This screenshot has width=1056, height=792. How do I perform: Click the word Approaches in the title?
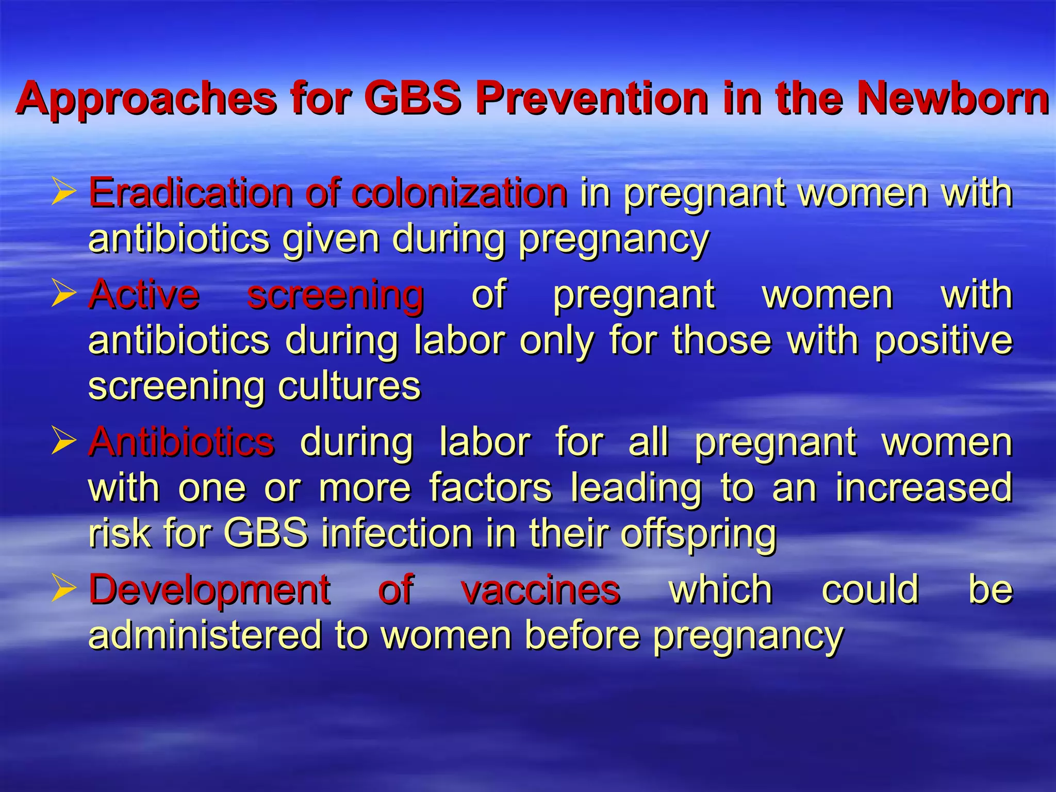click(146, 99)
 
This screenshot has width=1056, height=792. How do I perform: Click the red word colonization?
click(459, 193)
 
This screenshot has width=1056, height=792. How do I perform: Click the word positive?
click(944, 340)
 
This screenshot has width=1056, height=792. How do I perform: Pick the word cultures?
click(349, 386)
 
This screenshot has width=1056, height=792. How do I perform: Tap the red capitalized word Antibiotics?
click(181, 442)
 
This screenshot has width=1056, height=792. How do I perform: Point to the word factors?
click(490, 488)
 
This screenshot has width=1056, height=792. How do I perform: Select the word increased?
click(923, 488)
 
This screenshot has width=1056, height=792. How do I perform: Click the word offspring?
click(698, 534)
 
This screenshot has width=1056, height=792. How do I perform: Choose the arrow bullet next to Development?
click(63, 590)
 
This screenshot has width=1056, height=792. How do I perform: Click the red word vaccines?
click(540, 590)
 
